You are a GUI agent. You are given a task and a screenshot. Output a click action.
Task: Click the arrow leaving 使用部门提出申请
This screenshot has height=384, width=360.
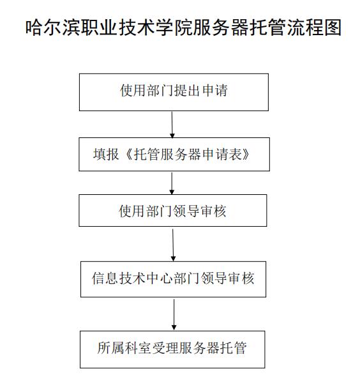click(172, 125)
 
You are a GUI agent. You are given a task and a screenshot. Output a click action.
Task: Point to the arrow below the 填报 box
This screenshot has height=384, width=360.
click(172, 183)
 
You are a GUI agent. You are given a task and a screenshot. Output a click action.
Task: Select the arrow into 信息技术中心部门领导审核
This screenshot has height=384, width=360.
click(173, 245)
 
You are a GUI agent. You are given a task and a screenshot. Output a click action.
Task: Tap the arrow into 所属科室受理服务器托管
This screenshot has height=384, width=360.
click(174, 315)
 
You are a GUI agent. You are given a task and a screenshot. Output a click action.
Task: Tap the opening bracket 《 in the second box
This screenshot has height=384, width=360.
click(126, 154)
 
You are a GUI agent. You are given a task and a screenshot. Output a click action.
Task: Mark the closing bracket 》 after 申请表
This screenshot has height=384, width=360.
click(246, 154)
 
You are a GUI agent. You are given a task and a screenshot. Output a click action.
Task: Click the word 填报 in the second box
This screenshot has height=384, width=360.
click(106, 154)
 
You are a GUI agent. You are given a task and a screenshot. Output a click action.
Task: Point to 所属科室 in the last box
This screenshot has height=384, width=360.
click(124, 348)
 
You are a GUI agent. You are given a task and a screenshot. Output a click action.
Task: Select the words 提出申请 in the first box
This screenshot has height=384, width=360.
click(201, 90)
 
